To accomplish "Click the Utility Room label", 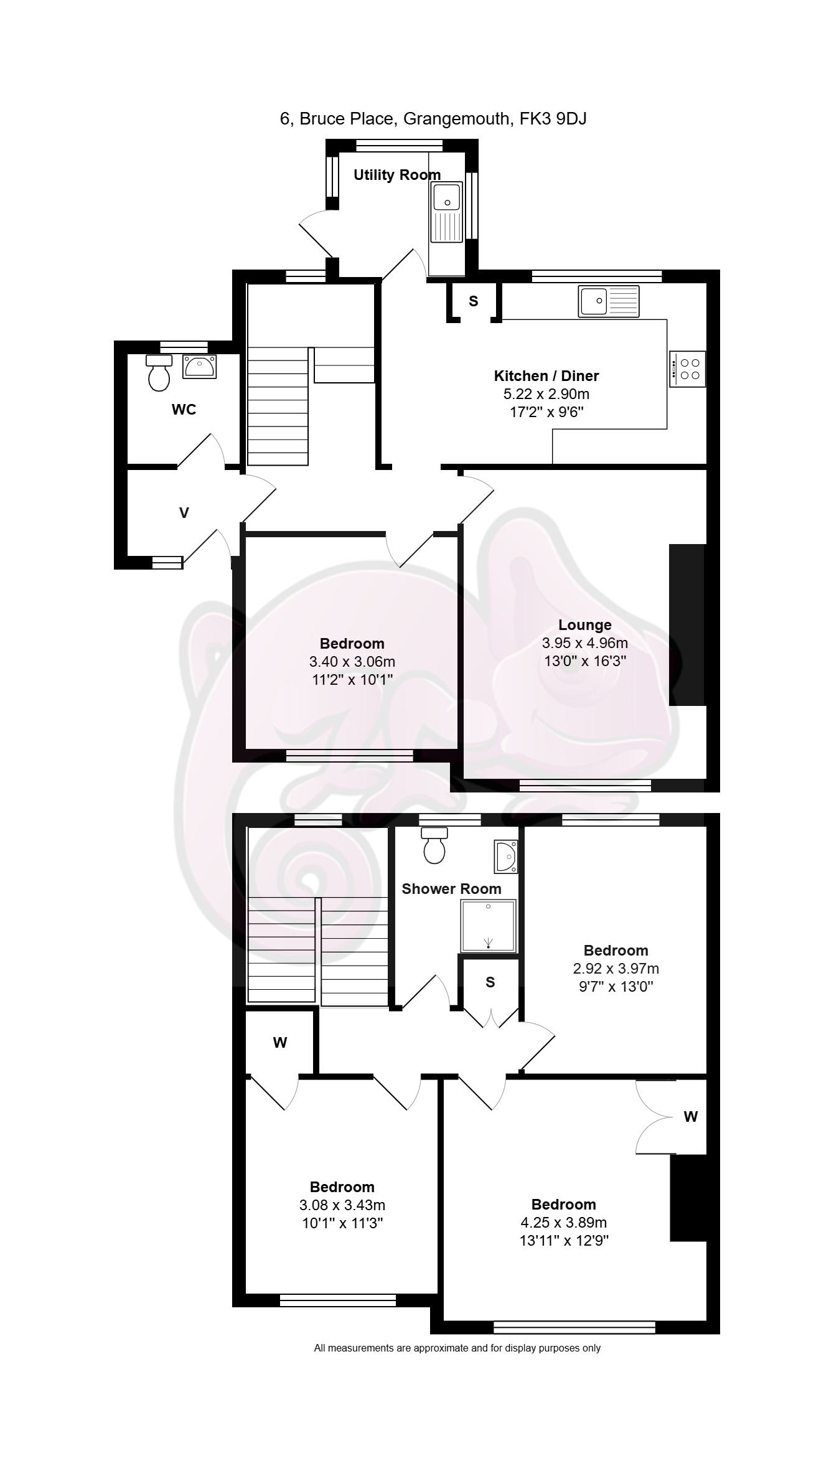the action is tap(397, 175).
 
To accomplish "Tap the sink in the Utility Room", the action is tap(446, 212).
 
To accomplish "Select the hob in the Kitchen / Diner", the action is tap(688, 369).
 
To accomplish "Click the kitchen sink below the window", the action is tap(609, 301).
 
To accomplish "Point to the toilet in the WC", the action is tap(159, 372).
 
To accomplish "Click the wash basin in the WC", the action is tap(199, 366).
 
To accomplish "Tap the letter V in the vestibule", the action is tap(184, 513).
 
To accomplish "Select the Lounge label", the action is tap(585, 625).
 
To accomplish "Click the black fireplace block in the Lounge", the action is tap(687, 625).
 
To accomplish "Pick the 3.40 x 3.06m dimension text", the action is tap(352, 662).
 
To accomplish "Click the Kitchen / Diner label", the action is tap(546, 376).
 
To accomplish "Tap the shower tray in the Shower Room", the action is tap(489, 926).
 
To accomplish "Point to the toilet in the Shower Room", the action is tap(434, 845).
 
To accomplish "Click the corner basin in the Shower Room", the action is tap(506, 857).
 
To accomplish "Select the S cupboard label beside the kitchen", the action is tap(474, 301).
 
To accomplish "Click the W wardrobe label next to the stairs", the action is tap(280, 1043).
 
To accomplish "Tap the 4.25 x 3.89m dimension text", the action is tap(564, 1223).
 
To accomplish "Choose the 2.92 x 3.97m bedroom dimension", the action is tap(616, 969).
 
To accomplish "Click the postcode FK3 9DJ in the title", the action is tap(553, 118).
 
